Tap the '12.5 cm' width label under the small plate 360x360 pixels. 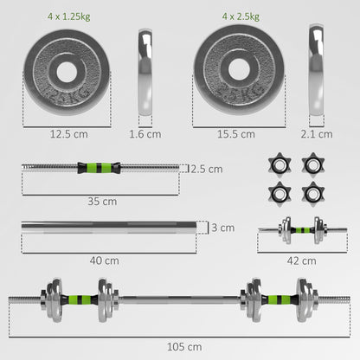pos(67,133)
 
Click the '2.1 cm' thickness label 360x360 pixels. pos(320,133)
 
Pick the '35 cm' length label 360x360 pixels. pos(101,201)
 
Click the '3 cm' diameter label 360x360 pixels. pos(226,228)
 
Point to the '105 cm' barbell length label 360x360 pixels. pos(179,346)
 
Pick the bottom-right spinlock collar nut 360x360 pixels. pos(312,192)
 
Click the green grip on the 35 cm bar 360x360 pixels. pos(102,169)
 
